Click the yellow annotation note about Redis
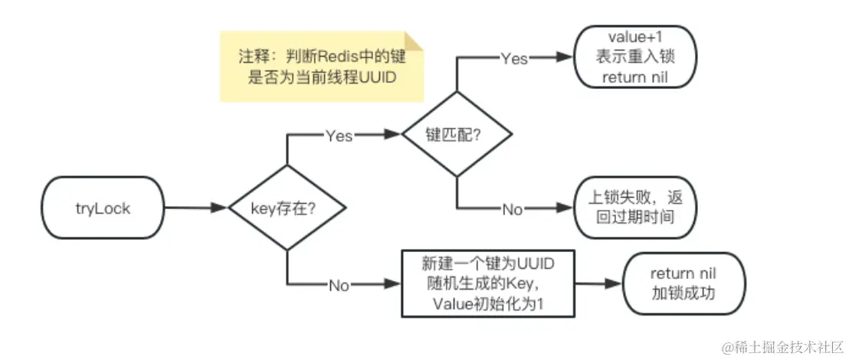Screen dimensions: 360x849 [322, 67]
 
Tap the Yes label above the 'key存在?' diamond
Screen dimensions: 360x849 [339, 136]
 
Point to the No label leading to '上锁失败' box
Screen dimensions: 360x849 [512, 209]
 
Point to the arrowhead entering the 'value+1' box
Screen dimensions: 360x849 [567, 58]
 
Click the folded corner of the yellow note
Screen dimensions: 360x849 [414, 41]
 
